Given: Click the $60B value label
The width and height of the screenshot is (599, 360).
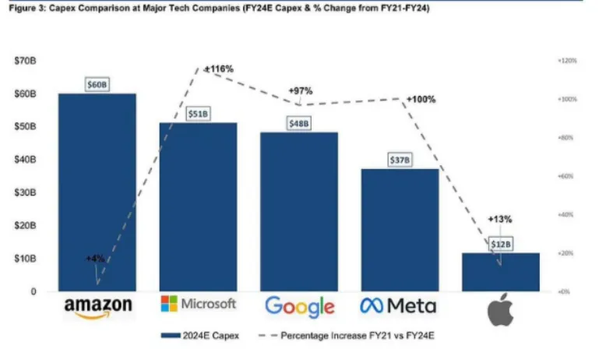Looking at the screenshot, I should point(97,84).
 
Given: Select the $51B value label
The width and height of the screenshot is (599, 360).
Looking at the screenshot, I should point(198,114).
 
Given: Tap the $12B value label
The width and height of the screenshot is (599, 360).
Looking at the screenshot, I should point(501,244).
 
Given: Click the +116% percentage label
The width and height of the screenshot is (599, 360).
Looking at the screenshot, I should point(219,69).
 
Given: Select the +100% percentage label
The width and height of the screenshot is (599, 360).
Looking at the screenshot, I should point(421,100).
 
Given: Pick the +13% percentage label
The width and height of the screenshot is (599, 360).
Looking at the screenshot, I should point(499,219).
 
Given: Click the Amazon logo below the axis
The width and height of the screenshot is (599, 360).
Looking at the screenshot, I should point(98,307).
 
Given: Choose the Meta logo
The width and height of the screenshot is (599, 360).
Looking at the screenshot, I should point(398,305).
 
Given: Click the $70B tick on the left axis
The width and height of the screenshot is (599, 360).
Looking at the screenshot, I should point(25,61).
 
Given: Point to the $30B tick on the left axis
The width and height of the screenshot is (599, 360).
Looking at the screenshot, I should point(25,192).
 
